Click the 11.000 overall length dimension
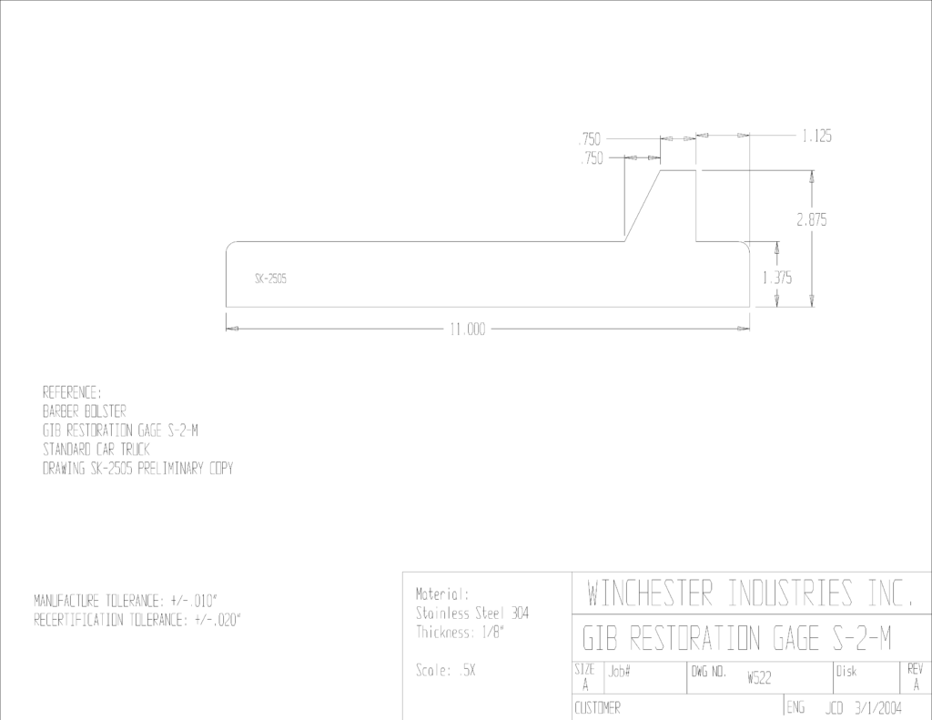(x=468, y=330)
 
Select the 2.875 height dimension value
(x=811, y=220)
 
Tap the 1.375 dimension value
(x=777, y=278)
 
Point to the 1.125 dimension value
(x=816, y=137)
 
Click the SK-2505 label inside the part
(x=271, y=279)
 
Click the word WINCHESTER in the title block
(x=650, y=593)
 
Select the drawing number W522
(x=759, y=678)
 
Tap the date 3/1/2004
(x=878, y=708)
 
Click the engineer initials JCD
(x=835, y=708)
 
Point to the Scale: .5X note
(x=446, y=671)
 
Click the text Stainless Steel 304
(x=472, y=613)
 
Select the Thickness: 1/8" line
(x=460, y=632)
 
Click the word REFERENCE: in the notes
(x=72, y=392)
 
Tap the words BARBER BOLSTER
(x=85, y=411)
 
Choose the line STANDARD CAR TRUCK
(x=96, y=449)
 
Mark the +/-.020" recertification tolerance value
(x=218, y=620)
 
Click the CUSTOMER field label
(x=597, y=708)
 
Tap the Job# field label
(x=619, y=672)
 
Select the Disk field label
(x=846, y=671)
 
